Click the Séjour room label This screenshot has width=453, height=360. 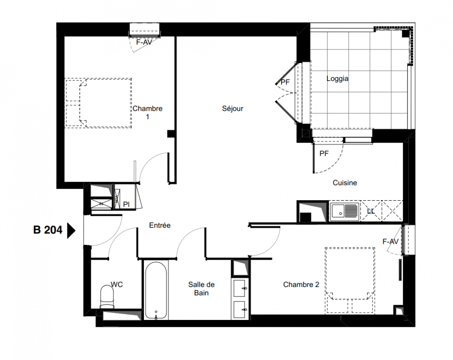[x=233, y=108]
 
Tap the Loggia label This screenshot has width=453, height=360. [x=337, y=79]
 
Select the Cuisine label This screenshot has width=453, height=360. [x=345, y=183]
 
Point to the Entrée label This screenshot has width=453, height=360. [x=160, y=225]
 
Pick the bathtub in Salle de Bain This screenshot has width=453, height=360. [x=156, y=290]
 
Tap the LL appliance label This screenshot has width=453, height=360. [x=371, y=211]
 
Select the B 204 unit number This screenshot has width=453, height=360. [x=48, y=230]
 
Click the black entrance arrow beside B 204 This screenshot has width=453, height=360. [x=71, y=230]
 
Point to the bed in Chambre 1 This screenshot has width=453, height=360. [x=99, y=103]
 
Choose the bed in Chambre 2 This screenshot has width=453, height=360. [x=350, y=280]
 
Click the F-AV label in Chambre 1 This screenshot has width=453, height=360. [x=144, y=42]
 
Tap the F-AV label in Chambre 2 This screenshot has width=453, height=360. [x=390, y=242]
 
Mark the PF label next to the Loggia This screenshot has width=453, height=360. [x=285, y=82]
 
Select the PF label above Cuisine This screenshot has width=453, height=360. [x=324, y=154]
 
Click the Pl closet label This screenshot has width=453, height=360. [x=126, y=204]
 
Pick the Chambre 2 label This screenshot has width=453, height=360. [x=301, y=284]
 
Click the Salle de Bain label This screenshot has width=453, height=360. [x=202, y=288]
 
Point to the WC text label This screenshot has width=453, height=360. [x=117, y=284]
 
